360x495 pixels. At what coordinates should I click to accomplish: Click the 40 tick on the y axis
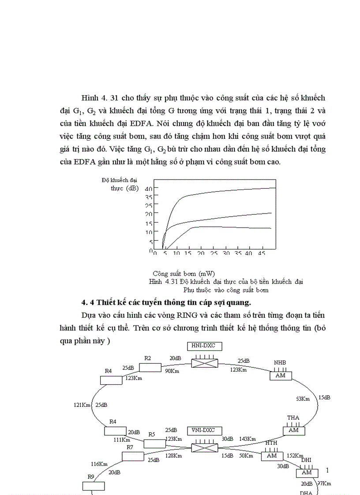click(x=149, y=188)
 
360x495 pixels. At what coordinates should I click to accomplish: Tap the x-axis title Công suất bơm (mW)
click(x=184, y=274)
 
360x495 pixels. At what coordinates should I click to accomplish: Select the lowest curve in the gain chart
click(x=221, y=227)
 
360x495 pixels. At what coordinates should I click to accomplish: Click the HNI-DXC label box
click(x=204, y=346)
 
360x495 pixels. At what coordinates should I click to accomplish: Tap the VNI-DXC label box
click(x=204, y=430)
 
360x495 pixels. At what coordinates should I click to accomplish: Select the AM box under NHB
click(x=281, y=376)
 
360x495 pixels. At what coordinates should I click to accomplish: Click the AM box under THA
click(x=294, y=430)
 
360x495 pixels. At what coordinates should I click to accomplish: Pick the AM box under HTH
click(x=272, y=456)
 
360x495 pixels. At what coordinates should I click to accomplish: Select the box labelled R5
click(x=154, y=443)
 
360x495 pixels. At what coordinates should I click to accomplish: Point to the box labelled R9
click(x=94, y=486)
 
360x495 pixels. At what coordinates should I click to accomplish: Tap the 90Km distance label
click(x=172, y=371)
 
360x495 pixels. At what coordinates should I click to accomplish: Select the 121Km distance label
click(x=82, y=405)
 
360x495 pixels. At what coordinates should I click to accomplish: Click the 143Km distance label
click(x=247, y=439)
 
